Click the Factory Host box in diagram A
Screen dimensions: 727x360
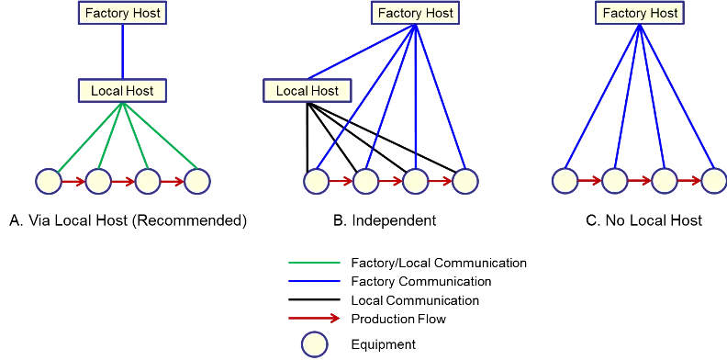click(x=122, y=13)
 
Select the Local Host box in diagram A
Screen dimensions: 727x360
click(x=122, y=91)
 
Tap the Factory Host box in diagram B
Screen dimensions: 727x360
click(x=416, y=13)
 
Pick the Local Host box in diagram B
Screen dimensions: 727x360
click(x=308, y=91)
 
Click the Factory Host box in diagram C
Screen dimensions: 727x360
click(x=640, y=13)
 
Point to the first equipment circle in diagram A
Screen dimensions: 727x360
click(x=49, y=182)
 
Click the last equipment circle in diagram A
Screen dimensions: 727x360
click(x=197, y=182)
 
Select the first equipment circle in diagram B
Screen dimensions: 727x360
click(x=317, y=182)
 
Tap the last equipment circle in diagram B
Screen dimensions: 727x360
click(x=465, y=182)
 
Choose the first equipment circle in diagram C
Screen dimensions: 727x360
click(x=565, y=181)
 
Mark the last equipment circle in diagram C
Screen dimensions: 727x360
click(x=714, y=181)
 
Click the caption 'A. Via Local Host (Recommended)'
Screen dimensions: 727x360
click(x=128, y=220)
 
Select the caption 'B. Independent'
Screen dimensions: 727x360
click(x=385, y=220)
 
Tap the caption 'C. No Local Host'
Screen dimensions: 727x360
click(x=644, y=220)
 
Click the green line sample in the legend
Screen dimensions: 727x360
click(x=314, y=263)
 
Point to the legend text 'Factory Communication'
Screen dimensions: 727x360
click(x=421, y=282)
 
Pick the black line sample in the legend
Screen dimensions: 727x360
click(x=314, y=300)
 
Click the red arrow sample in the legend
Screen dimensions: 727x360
click(x=315, y=319)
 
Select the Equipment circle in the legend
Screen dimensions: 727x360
click(x=315, y=344)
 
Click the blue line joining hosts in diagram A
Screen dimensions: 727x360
click(x=122, y=52)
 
